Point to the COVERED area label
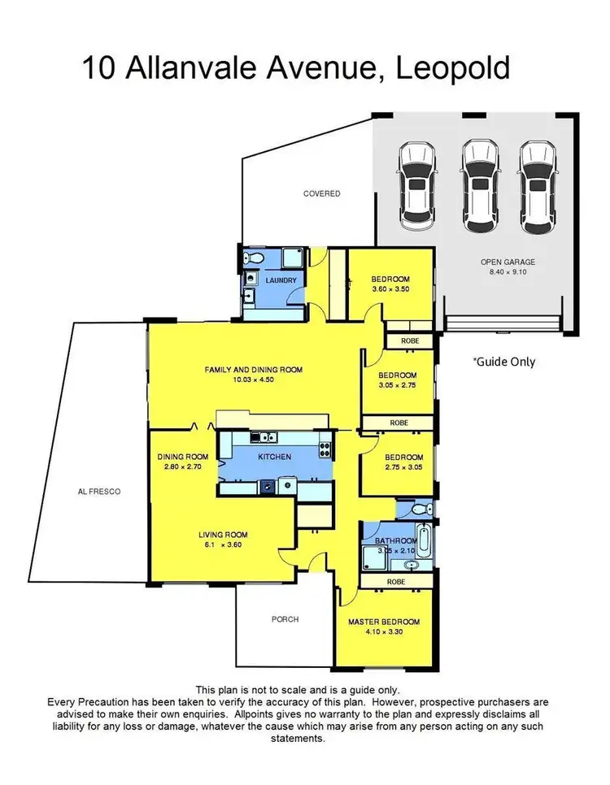click(x=321, y=193)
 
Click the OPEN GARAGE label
click(x=508, y=262)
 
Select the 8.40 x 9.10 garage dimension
click(x=508, y=273)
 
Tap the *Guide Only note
click(x=503, y=362)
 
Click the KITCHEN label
click(x=274, y=457)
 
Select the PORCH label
click(x=284, y=619)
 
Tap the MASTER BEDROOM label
click(x=381, y=622)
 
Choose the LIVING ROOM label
click(x=224, y=534)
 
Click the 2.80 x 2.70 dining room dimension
click(x=184, y=467)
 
